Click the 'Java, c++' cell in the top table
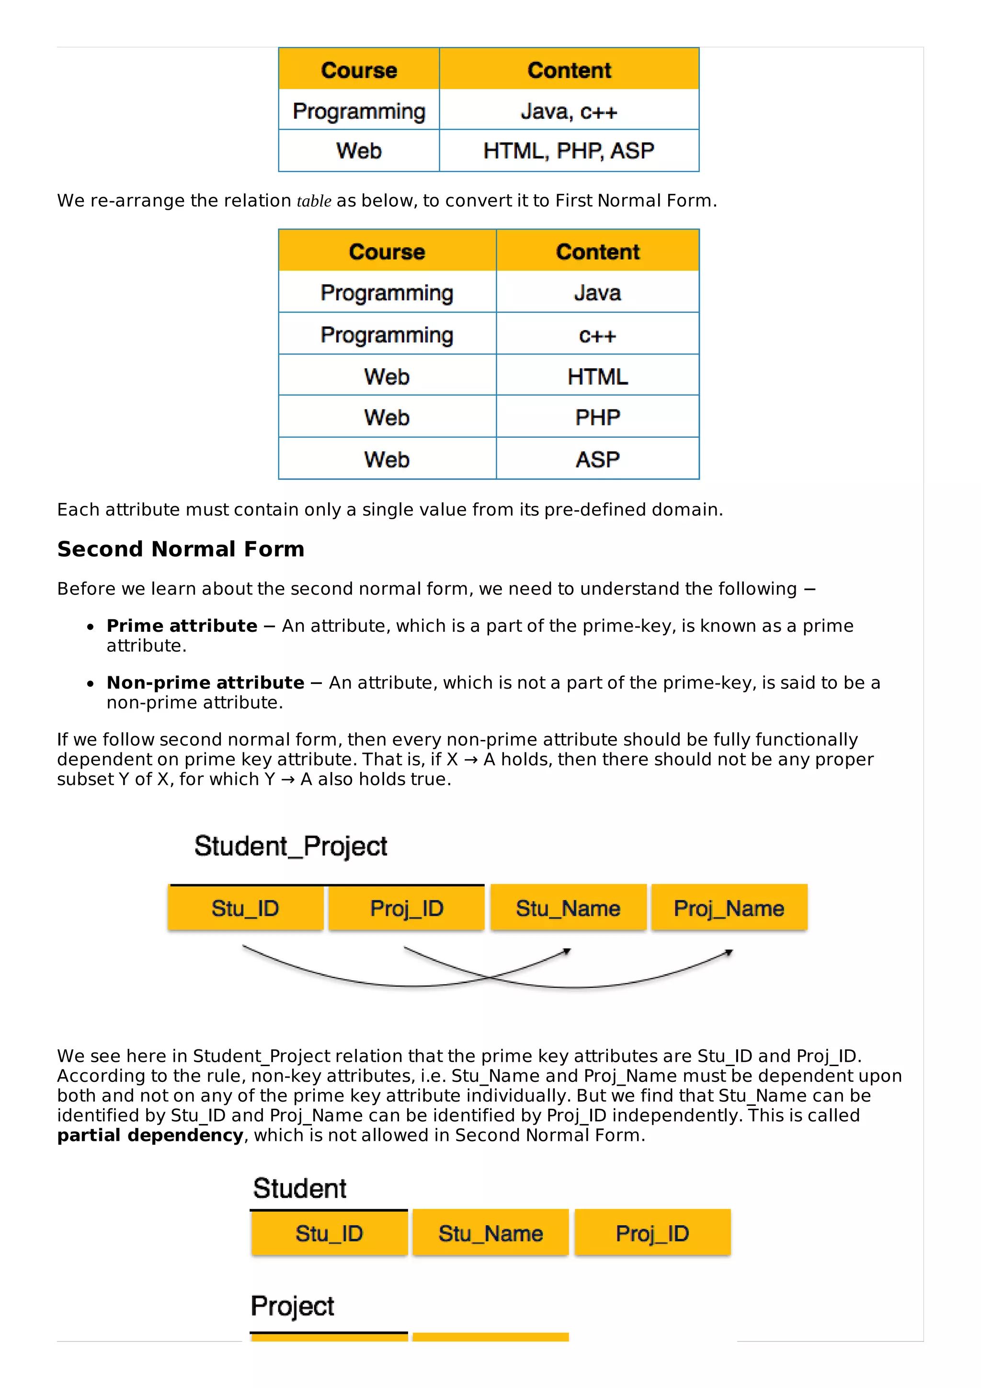click(x=569, y=111)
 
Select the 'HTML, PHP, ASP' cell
click(x=569, y=150)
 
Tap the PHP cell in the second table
click(x=597, y=417)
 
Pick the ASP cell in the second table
click(x=597, y=459)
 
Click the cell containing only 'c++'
click(x=597, y=334)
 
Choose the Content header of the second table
click(x=597, y=251)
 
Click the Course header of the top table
click(x=359, y=70)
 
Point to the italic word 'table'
click(x=314, y=201)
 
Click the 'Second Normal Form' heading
click(x=181, y=549)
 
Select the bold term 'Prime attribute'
click(x=182, y=626)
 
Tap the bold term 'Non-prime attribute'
click(x=205, y=683)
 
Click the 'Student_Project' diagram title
click(x=291, y=846)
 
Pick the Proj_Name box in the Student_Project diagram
click(x=729, y=908)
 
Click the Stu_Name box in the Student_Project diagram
click(x=568, y=908)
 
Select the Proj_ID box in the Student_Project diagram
click(x=407, y=908)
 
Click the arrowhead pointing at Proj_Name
click(x=729, y=953)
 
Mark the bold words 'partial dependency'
click(x=150, y=1135)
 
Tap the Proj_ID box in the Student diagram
click(x=652, y=1233)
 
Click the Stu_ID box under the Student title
click(x=330, y=1233)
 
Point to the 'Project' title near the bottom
click(x=293, y=1306)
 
